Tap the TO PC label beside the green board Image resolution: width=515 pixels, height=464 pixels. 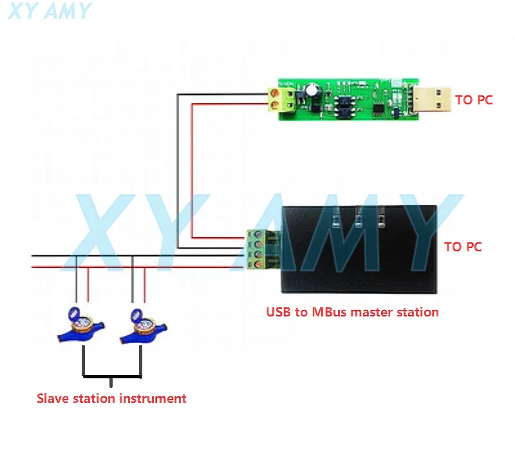point(474,100)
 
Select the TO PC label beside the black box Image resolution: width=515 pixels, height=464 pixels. point(463,247)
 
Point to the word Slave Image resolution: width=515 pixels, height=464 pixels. point(53,398)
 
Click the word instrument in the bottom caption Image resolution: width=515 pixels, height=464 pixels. point(153,398)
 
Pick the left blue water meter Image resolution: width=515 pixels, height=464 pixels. point(81,325)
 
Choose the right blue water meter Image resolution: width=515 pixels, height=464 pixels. point(143,326)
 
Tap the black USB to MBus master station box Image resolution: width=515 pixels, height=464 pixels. point(359,249)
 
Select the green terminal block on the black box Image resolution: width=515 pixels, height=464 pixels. point(264,249)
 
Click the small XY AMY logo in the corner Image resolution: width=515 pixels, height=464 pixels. point(50,11)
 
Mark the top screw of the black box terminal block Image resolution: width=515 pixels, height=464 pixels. point(258,235)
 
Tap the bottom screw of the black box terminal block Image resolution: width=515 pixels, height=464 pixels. point(259,264)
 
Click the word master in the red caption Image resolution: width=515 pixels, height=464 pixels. point(370,313)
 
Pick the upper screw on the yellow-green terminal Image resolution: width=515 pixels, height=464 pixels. point(275,93)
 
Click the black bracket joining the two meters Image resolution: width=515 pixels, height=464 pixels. point(112,376)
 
